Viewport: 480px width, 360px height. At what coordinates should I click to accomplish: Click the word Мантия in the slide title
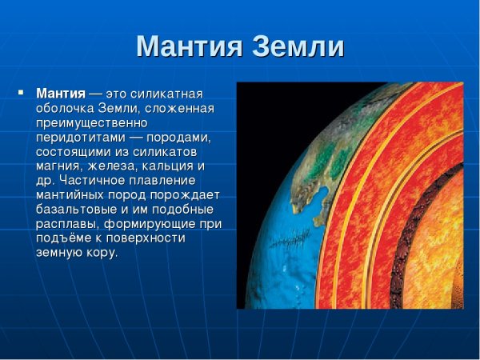point(186,46)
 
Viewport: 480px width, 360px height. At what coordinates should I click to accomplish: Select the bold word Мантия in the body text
point(61,93)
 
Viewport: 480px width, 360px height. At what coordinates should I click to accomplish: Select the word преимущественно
point(92,122)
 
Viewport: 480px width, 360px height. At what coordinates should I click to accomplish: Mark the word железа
point(117,166)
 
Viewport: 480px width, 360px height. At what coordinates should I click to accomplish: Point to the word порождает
point(187,194)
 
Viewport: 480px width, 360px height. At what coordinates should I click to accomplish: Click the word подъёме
point(66,238)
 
